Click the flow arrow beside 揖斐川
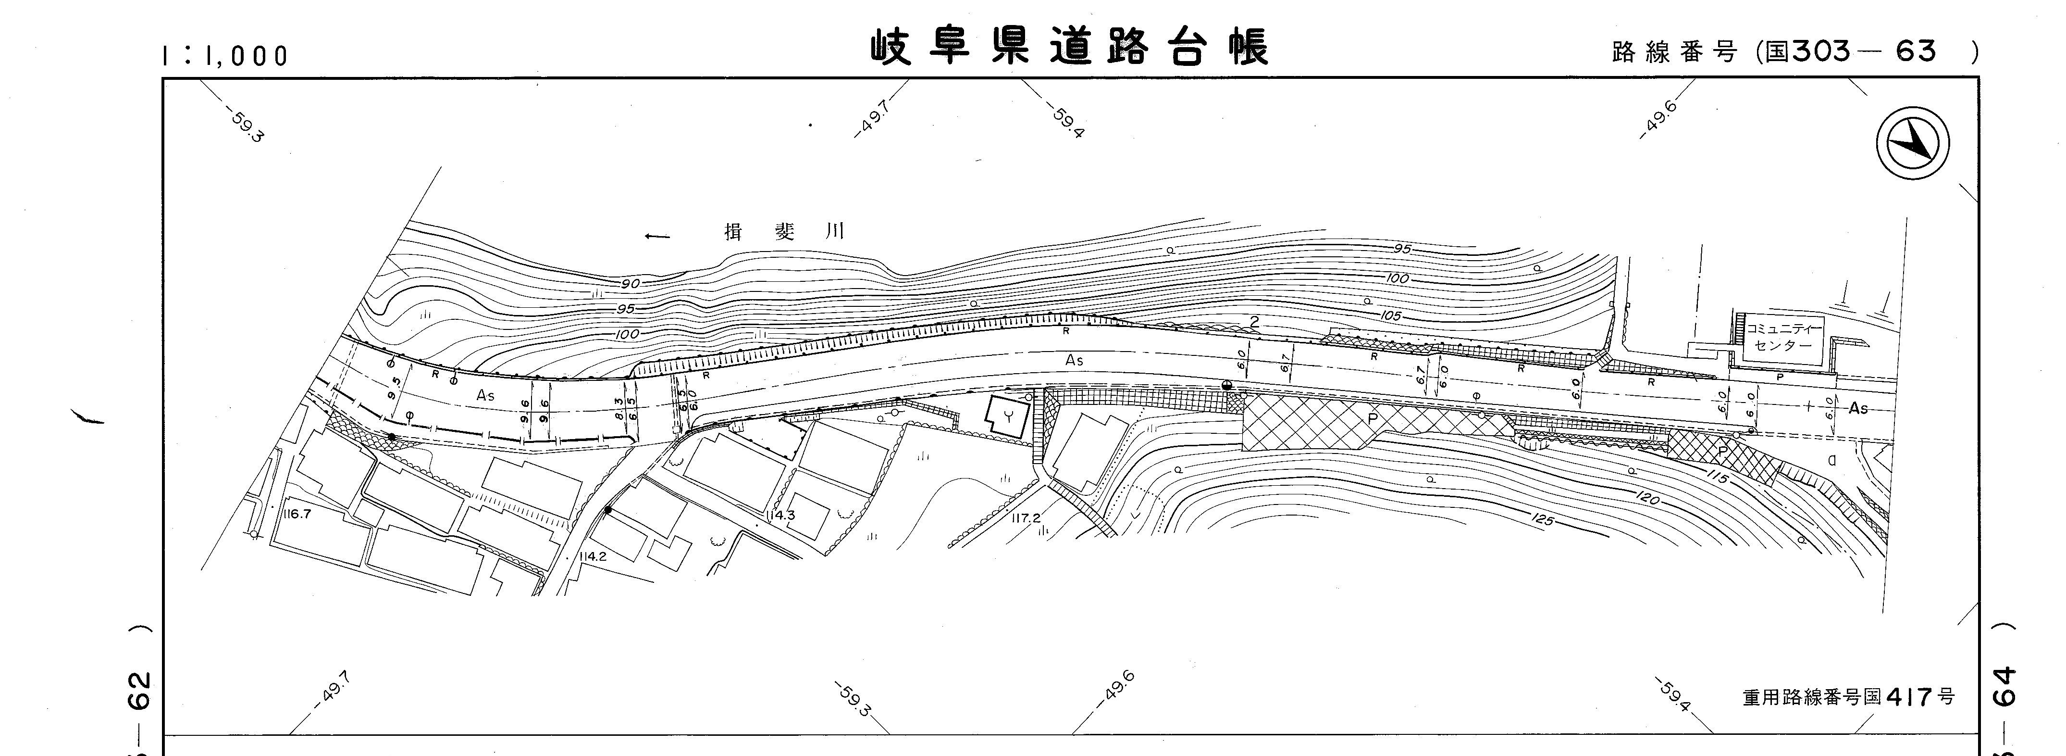(x=657, y=236)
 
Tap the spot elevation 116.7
(x=296, y=514)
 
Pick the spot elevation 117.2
(x=1026, y=518)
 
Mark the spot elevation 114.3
(x=779, y=515)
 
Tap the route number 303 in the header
(x=1820, y=51)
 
